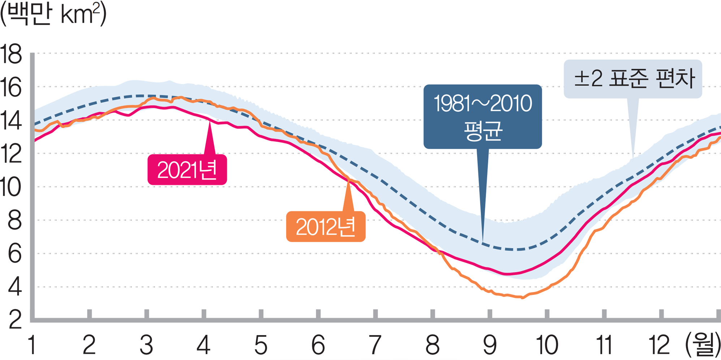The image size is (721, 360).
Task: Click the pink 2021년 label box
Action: point(187,170)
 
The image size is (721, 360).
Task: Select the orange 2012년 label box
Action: point(326,227)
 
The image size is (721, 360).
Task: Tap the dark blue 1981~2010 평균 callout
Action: point(482,116)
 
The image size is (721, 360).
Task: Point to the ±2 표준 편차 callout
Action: point(633,79)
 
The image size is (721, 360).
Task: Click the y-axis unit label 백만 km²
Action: point(53,14)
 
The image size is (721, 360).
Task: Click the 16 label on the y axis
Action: point(12,88)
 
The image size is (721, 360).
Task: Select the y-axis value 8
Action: point(14,221)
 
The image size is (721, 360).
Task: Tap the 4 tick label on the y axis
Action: point(14,288)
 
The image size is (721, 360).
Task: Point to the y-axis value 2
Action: point(14,320)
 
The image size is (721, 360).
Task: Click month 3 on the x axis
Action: point(146,345)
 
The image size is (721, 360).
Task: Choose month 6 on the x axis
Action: point(318,345)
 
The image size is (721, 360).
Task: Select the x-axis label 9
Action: point(490,345)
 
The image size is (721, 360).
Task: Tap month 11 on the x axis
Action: point(604,345)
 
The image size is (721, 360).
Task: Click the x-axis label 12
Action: point(660,345)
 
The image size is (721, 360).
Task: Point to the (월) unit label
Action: point(702,345)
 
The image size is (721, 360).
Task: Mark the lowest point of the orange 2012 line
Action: point(523,297)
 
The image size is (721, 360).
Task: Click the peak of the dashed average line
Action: point(141,96)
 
